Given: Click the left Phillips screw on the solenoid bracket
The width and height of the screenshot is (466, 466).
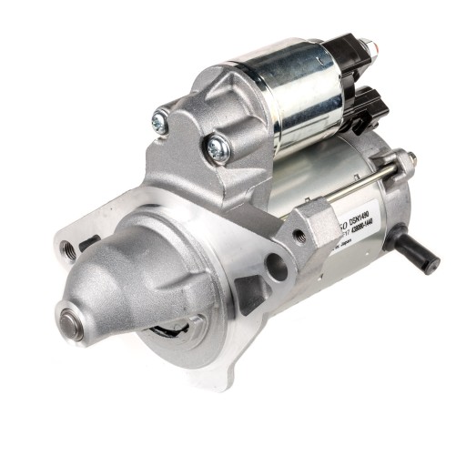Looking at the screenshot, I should pyautogui.click(x=161, y=119).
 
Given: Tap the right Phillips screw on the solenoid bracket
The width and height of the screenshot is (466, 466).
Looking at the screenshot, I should pyautogui.click(x=217, y=146).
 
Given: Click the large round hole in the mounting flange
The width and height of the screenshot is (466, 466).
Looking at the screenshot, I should pyautogui.click(x=276, y=266).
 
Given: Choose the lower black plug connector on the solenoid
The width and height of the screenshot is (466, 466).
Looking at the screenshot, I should pyautogui.click(x=369, y=108).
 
